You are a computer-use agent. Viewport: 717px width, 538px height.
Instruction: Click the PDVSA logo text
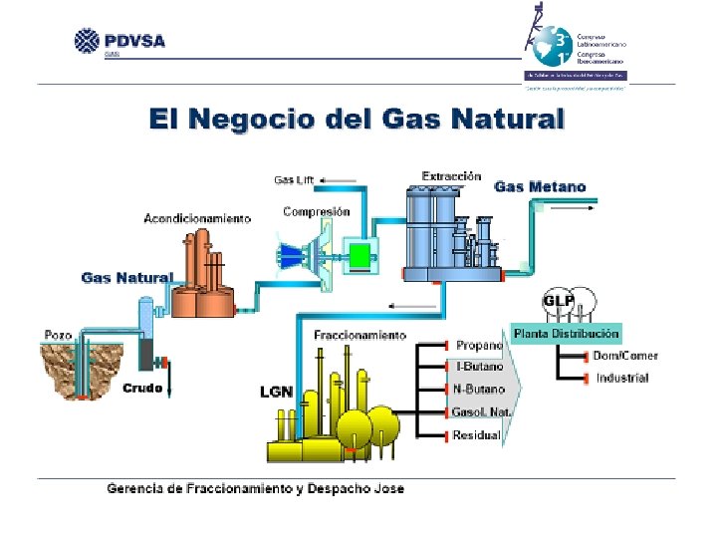coord(132,41)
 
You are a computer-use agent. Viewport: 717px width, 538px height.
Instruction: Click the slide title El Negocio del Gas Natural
coord(357,120)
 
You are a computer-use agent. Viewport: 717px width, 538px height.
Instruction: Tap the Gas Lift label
coord(294,180)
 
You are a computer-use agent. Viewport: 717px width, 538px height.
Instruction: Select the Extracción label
coord(451,176)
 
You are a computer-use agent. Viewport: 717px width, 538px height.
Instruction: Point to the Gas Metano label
coord(540,186)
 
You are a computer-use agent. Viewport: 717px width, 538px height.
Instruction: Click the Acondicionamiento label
coord(197,217)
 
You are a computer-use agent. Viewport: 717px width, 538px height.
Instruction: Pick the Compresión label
coord(317,211)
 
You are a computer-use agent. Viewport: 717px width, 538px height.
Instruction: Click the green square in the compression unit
coord(359,255)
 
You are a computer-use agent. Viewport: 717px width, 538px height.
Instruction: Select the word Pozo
coord(58,335)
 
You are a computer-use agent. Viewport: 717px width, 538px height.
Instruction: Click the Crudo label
coord(142,389)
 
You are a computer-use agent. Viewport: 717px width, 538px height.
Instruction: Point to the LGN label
coord(276,392)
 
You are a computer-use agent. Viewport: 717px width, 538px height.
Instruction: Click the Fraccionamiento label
coord(359,335)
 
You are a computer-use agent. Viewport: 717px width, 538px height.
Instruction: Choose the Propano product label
coord(479,346)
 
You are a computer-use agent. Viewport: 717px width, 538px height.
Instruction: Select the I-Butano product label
coord(480,368)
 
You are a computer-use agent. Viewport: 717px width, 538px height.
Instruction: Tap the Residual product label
coord(477,435)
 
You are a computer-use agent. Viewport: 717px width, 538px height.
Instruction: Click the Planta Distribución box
coord(566,333)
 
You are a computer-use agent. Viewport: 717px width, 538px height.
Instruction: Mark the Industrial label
coord(622,379)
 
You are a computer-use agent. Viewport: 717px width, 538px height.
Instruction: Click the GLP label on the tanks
coord(557,301)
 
